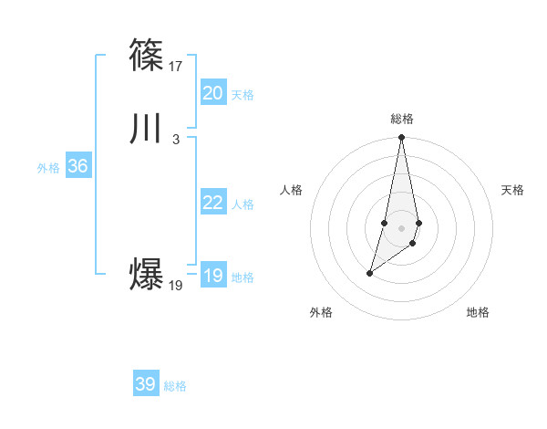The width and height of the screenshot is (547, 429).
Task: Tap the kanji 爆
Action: [x=146, y=275]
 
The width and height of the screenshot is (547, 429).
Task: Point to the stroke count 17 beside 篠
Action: [x=176, y=66]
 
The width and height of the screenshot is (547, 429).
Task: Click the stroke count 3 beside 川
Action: [x=176, y=139]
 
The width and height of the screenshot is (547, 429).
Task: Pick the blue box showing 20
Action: [x=212, y=93]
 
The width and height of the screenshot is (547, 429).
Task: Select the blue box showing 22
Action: [x=212, y=203]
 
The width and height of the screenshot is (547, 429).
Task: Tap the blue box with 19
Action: [x=212, y=276]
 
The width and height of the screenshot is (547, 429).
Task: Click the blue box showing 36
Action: [x=77, y=166]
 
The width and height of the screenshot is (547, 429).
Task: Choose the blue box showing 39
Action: [x=146, y=384]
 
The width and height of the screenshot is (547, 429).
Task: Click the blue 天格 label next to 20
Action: [x=243, y=95]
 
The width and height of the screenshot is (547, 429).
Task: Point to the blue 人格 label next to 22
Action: [x=243, y=204]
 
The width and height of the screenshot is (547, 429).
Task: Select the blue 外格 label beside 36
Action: [x=48, y=168]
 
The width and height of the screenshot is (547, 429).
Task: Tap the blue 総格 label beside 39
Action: [x=175, y=386]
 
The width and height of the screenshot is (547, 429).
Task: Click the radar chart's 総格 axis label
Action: [x=402, y=119]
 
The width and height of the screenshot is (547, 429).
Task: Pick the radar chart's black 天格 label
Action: [x=513, y=190]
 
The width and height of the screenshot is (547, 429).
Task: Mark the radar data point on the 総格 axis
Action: [x=402, y=138]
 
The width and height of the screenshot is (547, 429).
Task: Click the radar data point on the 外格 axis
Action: [x=370, y=273]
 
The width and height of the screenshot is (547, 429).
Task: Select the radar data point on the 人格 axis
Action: [x=385, y=223]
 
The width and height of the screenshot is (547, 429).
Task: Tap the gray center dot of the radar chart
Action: [x=402, y=228]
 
